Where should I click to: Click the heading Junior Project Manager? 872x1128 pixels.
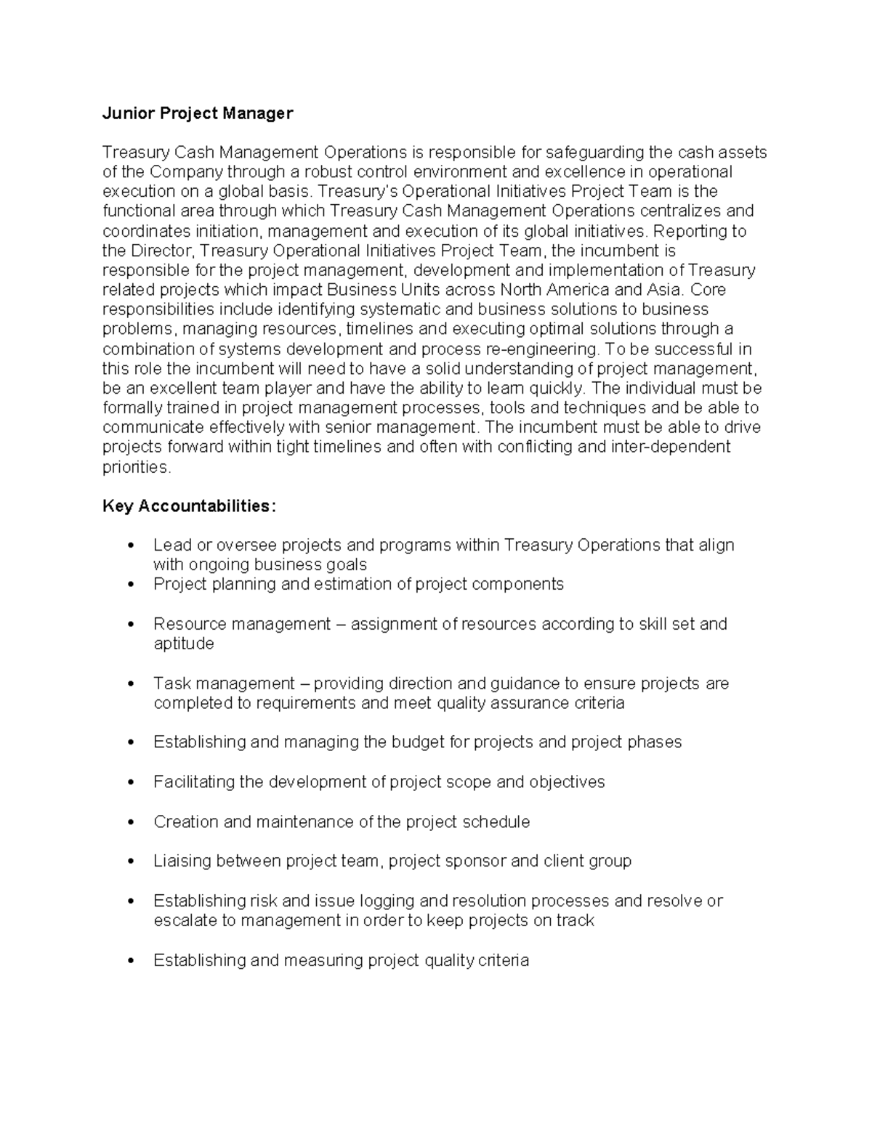[x=198, y=113]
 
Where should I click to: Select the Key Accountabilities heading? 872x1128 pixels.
[x=190, y=506]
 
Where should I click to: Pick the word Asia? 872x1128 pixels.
[x=664, y=290]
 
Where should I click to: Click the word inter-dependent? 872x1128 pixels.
[x=671, y=447]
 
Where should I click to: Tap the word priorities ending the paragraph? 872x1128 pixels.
[x=137, y=467]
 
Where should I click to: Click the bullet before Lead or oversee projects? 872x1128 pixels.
[x=131, y=545]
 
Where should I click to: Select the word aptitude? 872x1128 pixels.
[x=183, y=644]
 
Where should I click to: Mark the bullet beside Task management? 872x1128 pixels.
[x=131, y=684]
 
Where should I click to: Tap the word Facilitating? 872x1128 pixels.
[x=193, y=782]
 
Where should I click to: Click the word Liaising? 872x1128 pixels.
[x=182, y=861]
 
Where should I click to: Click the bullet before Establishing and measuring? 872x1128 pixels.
[x=131, y=961]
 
